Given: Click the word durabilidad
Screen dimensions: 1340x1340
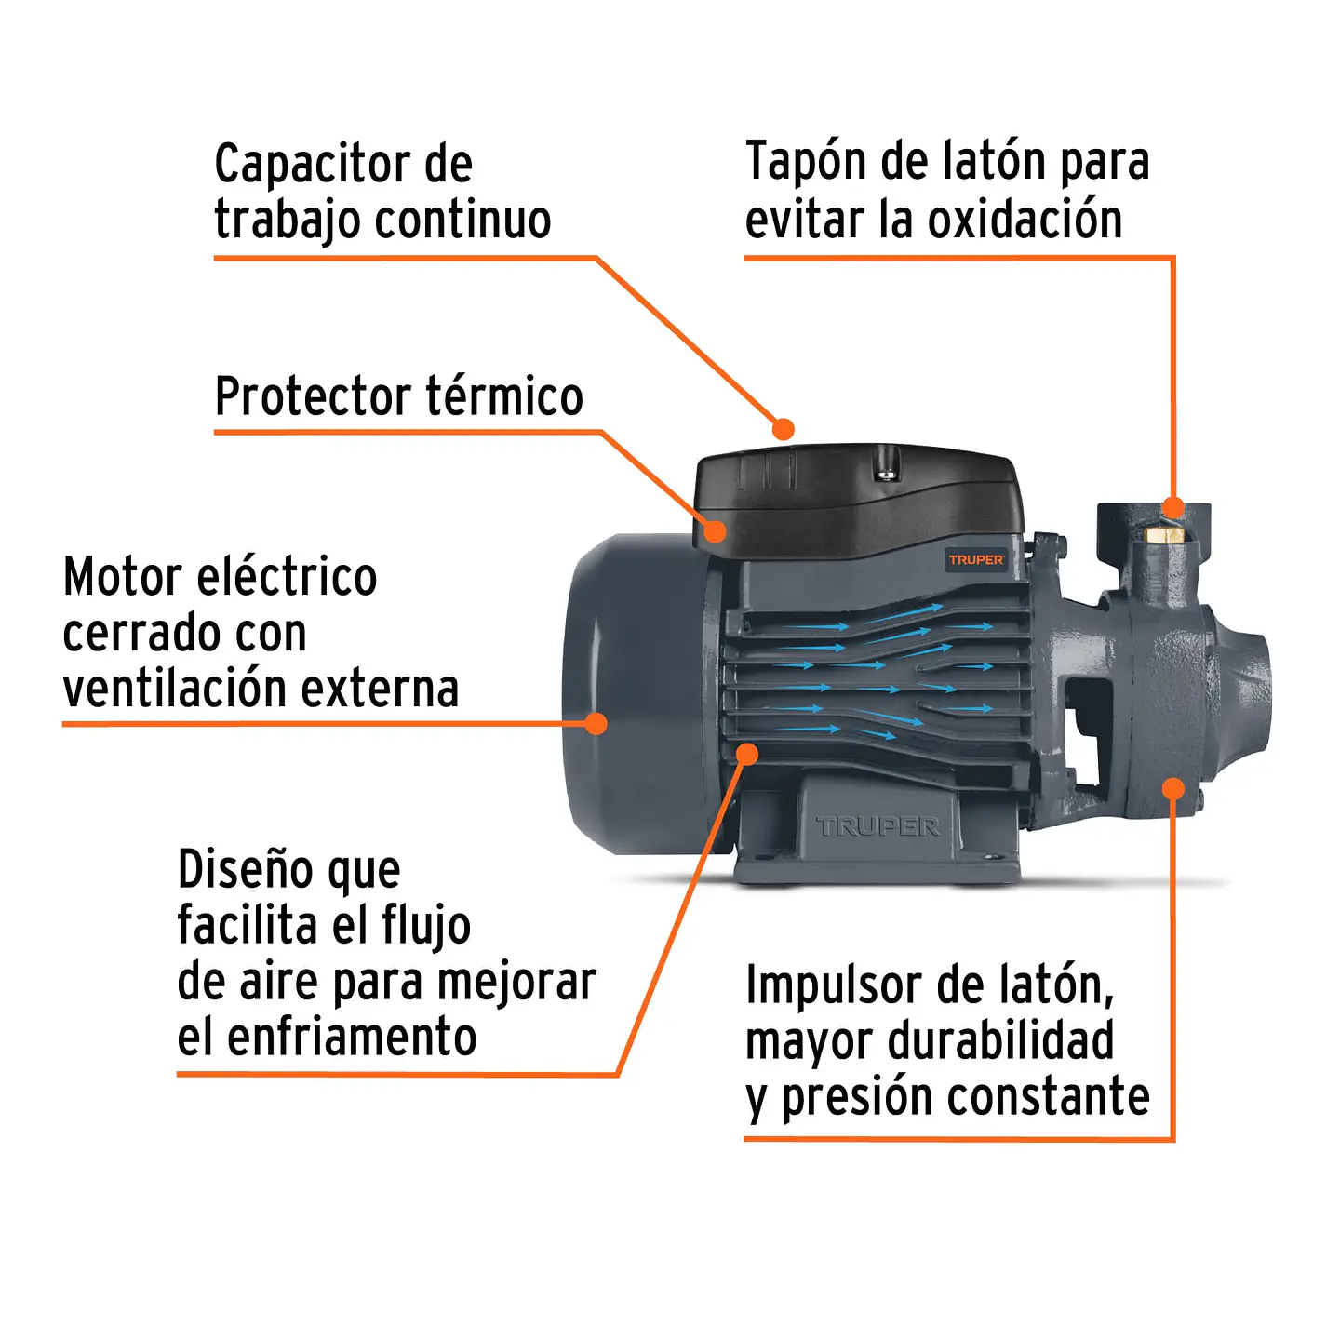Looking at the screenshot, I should tap(1000, 1041).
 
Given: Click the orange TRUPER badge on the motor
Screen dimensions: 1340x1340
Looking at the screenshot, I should tap(975, 559).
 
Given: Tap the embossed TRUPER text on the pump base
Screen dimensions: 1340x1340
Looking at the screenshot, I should tap(877, 826).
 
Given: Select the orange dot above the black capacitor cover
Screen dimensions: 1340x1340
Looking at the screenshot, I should tap(784, 429).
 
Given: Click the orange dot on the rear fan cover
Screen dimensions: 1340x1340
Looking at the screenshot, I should tap(596, 723).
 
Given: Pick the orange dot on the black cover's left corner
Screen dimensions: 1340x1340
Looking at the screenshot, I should tap(715, 531).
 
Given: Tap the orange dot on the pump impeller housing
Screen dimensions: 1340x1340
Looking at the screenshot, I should tap(1173, 789).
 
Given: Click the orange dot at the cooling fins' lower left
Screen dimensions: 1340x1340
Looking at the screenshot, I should tap(746, 754).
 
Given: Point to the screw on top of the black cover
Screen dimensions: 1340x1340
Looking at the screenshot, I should tap(887, 475).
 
